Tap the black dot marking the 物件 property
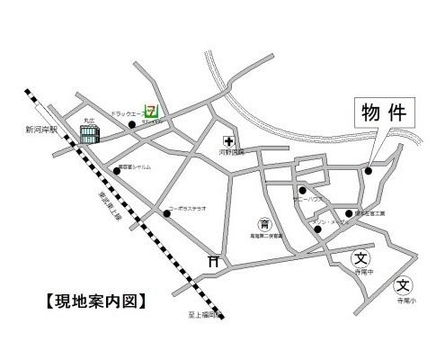click(369, 170)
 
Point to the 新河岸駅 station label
click(41, 130)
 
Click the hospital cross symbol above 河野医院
click(228, 142)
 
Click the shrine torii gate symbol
click(214, 261)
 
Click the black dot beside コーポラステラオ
click(166, 213)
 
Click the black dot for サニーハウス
click(303, 191)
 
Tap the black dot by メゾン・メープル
click(318, 229)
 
